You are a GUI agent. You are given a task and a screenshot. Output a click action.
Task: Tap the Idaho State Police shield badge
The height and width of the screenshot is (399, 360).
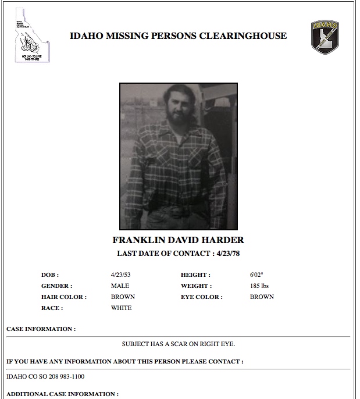(324, 37)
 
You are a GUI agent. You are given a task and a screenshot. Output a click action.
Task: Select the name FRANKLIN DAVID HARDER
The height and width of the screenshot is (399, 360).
(179, 240)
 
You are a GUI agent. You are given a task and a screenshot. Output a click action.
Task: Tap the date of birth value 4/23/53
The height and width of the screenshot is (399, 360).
(120, 275)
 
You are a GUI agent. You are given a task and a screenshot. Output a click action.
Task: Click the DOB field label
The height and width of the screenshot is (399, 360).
(50, 275)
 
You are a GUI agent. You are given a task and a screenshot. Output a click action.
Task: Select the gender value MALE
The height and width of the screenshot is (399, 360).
(120, 286)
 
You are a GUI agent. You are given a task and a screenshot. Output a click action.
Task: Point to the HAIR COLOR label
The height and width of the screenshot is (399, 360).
(63, 297)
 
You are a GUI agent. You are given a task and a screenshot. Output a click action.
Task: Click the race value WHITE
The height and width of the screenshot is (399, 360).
(121, 308)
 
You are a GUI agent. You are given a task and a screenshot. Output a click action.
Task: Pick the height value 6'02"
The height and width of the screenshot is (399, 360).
(256, 275)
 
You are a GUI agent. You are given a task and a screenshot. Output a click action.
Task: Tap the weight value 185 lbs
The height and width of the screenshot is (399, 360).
(259, 286)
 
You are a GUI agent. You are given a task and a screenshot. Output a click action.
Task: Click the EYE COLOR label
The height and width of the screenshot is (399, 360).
(201, 297)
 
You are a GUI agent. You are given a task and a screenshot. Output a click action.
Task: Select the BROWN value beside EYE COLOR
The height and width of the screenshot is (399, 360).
(262, 297)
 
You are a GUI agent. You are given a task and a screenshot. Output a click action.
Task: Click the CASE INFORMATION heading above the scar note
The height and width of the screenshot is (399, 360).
(41, 329)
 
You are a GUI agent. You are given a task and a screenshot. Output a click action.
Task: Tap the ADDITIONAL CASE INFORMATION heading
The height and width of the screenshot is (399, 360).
(62, 394)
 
